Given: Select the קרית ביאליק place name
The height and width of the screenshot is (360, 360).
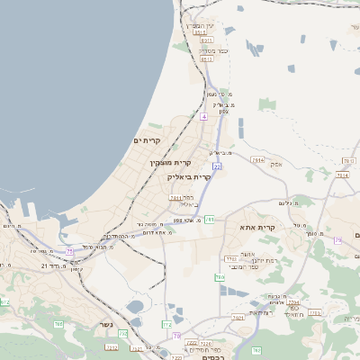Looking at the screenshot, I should (190, 176).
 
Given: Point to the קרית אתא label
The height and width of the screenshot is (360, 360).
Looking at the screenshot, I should (258, 229).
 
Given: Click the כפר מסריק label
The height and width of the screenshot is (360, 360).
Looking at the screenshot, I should (212, 51).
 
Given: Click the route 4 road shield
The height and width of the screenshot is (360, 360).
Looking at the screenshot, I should (204, 117).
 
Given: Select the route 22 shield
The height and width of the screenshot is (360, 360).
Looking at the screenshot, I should (217, 166).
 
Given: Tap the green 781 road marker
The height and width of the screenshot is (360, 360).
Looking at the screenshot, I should (209, 219).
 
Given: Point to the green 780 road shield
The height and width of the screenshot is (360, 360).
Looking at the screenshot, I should (219, 277).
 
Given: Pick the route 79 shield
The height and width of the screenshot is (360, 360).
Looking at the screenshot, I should (338, 240).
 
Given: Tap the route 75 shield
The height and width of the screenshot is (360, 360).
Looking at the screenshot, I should (68, 252).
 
